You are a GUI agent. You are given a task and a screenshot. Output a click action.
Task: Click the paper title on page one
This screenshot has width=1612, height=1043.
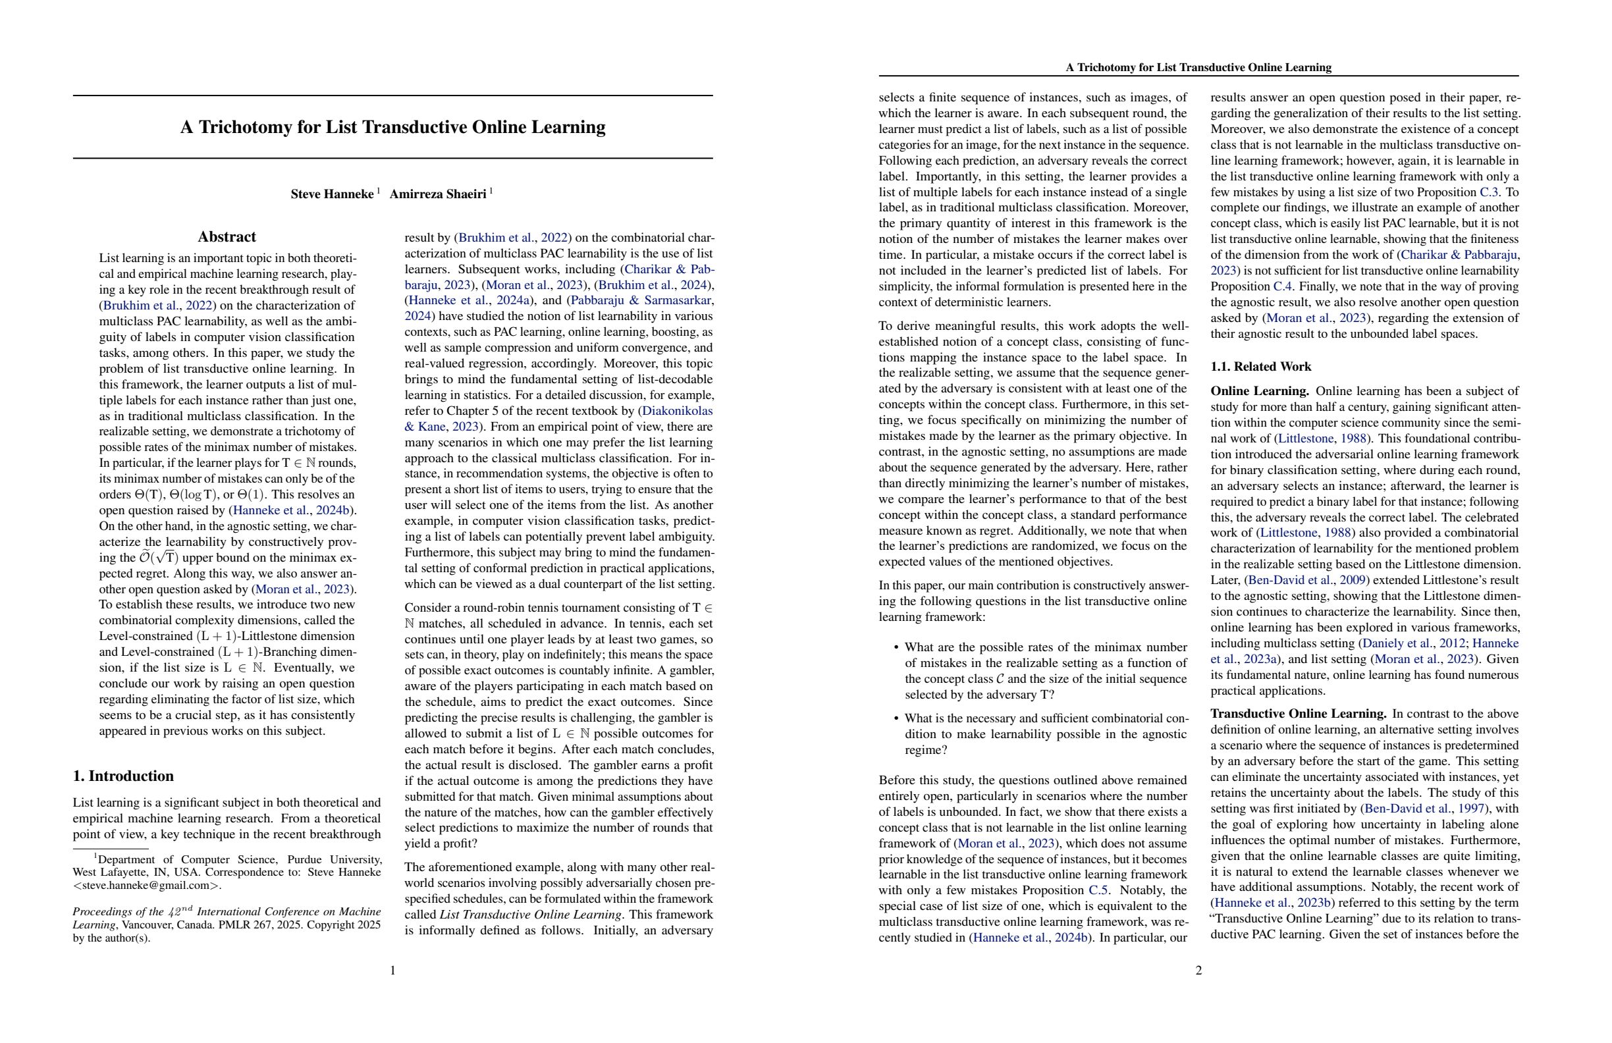(392, 127)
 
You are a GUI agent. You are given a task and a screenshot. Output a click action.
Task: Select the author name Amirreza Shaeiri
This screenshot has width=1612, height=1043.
(437, 194)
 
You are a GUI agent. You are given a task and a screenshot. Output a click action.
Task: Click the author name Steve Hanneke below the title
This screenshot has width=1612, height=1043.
(332, 194)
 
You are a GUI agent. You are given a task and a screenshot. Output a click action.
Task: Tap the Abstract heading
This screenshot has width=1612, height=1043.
(227, 237)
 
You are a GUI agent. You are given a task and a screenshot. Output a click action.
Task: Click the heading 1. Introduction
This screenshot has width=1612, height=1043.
(123, 776)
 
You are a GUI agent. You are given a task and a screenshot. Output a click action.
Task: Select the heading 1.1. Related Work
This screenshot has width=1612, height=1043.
(1260, 366)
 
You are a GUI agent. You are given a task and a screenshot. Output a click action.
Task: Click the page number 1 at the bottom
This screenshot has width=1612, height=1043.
(393, 971)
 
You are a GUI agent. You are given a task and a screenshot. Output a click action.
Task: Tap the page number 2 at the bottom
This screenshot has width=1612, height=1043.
(1198, 971)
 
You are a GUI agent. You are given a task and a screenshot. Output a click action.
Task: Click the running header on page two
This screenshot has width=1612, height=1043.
(1198, 67)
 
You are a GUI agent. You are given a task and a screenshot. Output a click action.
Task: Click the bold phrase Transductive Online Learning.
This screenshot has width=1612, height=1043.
(1298, 714)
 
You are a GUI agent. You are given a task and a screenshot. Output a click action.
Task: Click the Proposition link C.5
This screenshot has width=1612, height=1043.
(1098, 891)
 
